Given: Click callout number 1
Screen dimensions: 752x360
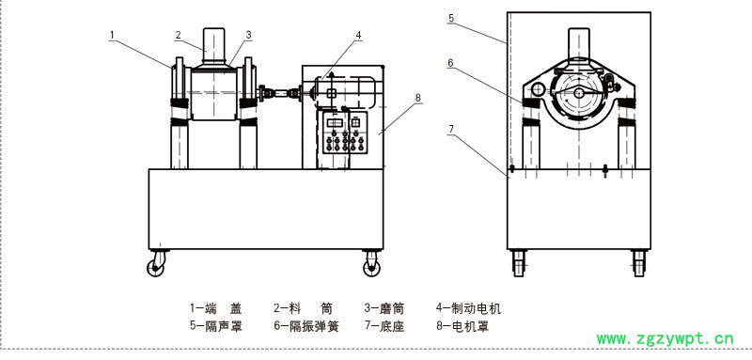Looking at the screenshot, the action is (x=112, y=35).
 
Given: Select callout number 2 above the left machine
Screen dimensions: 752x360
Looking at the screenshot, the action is (x=178, y=35).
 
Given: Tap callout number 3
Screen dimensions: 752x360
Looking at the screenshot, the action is (x=248, y=35).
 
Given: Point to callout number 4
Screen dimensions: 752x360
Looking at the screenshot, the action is (x=358, y=35).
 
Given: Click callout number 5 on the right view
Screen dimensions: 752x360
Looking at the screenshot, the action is (x=451, y=18).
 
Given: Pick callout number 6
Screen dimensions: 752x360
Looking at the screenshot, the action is (x=451, y=62).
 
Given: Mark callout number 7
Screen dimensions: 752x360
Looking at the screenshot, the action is (x=451, y=129).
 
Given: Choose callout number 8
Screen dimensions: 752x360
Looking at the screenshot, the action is (x=417, y=98).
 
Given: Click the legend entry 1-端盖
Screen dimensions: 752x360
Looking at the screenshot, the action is (x=216, y=308).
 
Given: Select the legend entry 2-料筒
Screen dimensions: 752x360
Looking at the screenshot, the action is (x=303, y=308).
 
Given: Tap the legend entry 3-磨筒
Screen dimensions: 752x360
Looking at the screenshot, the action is (x=384, y=308).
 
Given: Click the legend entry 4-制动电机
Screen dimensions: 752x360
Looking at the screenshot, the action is (x=468, y=308).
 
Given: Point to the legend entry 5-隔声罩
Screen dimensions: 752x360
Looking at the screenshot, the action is (x=216, y=326).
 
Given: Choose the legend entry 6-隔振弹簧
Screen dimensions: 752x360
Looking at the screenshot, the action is (x=306, y=326).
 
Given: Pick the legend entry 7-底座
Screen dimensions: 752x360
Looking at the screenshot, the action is (x=384, y=326).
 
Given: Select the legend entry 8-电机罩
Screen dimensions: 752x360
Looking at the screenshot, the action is (x=462, y=326).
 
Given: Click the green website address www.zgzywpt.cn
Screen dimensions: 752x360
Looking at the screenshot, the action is (x=666, y=339).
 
